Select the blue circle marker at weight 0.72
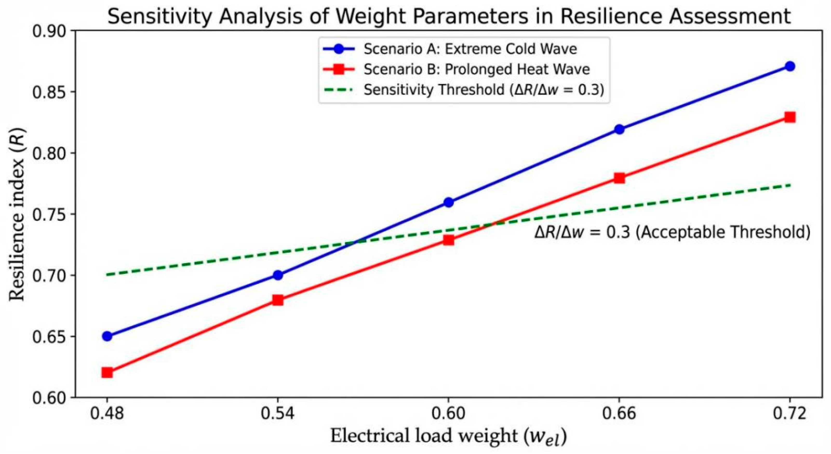[790, 66]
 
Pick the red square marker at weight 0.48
[107, 373]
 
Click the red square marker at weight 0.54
[278, 300]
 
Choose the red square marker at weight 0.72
[790, 117]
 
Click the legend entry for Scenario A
[450, 49]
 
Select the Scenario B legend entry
[457, 69]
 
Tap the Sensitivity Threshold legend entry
[463, 89]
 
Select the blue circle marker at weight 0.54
[278, 275]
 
